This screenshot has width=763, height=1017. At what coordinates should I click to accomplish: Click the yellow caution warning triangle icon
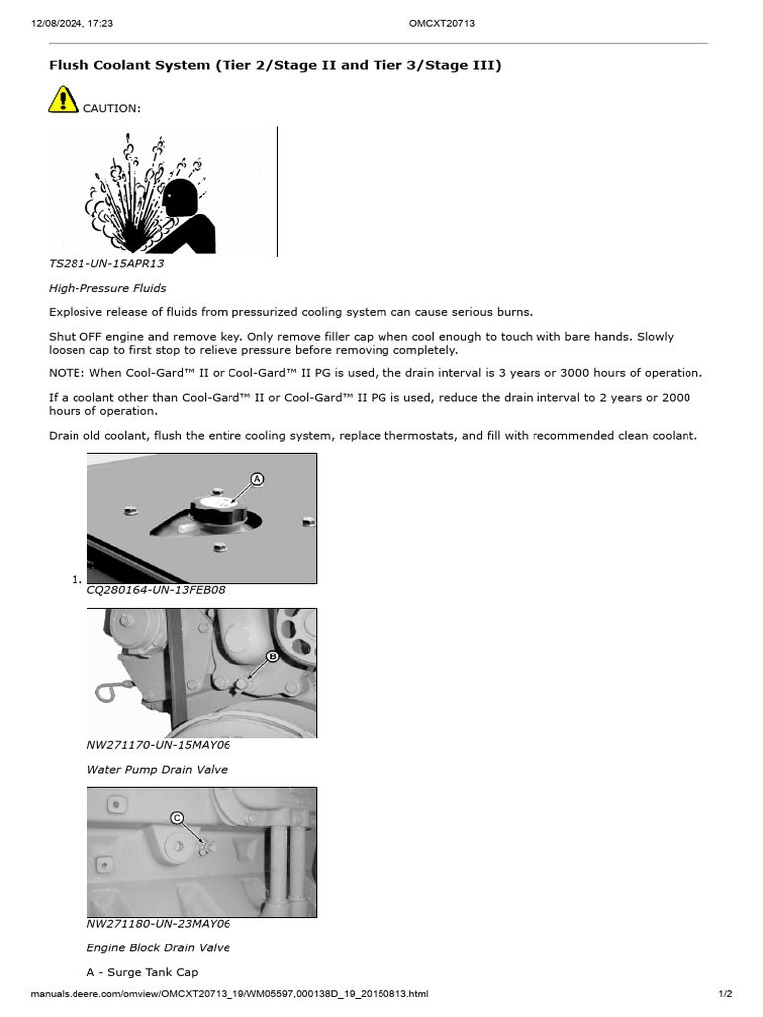(63, 100)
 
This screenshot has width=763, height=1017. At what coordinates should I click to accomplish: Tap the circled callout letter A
(257, 479)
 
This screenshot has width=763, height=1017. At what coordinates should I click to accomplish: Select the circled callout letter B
(272, 656)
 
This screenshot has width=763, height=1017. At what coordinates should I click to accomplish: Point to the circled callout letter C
(177, 818)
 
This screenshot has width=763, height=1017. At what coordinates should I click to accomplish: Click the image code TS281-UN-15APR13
(106, 264)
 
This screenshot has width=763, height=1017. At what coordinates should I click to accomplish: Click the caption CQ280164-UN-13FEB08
(156, 589)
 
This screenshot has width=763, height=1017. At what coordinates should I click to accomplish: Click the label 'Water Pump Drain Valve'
(157, 770)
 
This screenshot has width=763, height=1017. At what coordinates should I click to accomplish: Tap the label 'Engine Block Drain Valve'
(158, 948)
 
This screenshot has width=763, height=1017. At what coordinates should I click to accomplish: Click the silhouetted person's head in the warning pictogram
(179, 197)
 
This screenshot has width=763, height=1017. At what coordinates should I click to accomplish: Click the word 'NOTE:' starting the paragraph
(68, 373)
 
